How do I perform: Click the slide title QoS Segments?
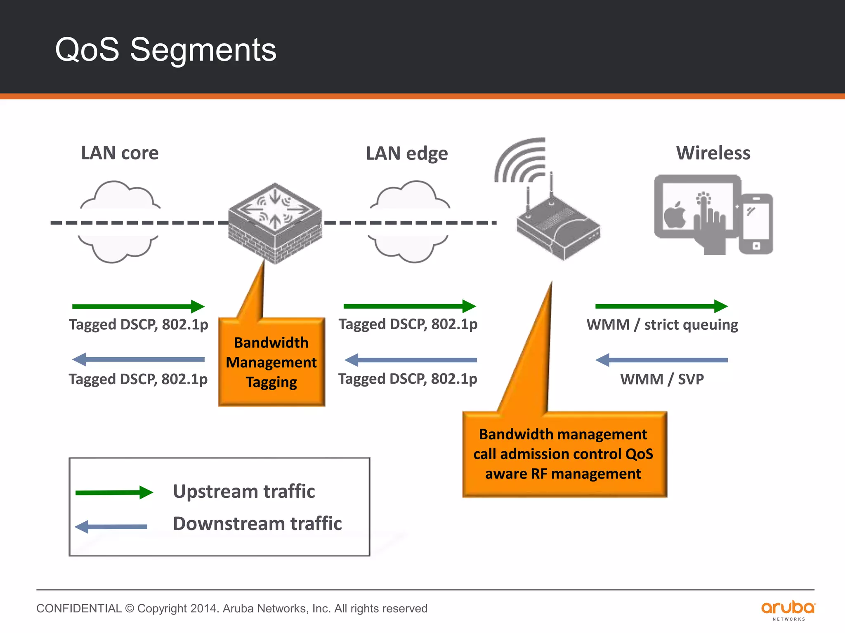tap(165, 50)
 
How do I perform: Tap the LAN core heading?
tap(120, 153)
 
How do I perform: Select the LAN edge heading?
tap(407, 153)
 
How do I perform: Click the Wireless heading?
tap(713, 153)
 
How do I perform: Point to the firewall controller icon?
tap(275, 223)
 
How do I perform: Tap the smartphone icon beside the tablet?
tap(756, 224)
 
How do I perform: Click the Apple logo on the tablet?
tap(675, 215)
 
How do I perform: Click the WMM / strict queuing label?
tap(662, 325)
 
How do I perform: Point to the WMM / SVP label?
tap(662, 379)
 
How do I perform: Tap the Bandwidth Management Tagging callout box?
tap(271, 362)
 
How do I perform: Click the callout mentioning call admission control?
tap(564, 454)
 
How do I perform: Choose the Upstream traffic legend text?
tap(244, 492)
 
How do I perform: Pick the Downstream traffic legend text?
tap(257, 524)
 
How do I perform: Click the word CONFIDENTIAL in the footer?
tap(79, 609)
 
